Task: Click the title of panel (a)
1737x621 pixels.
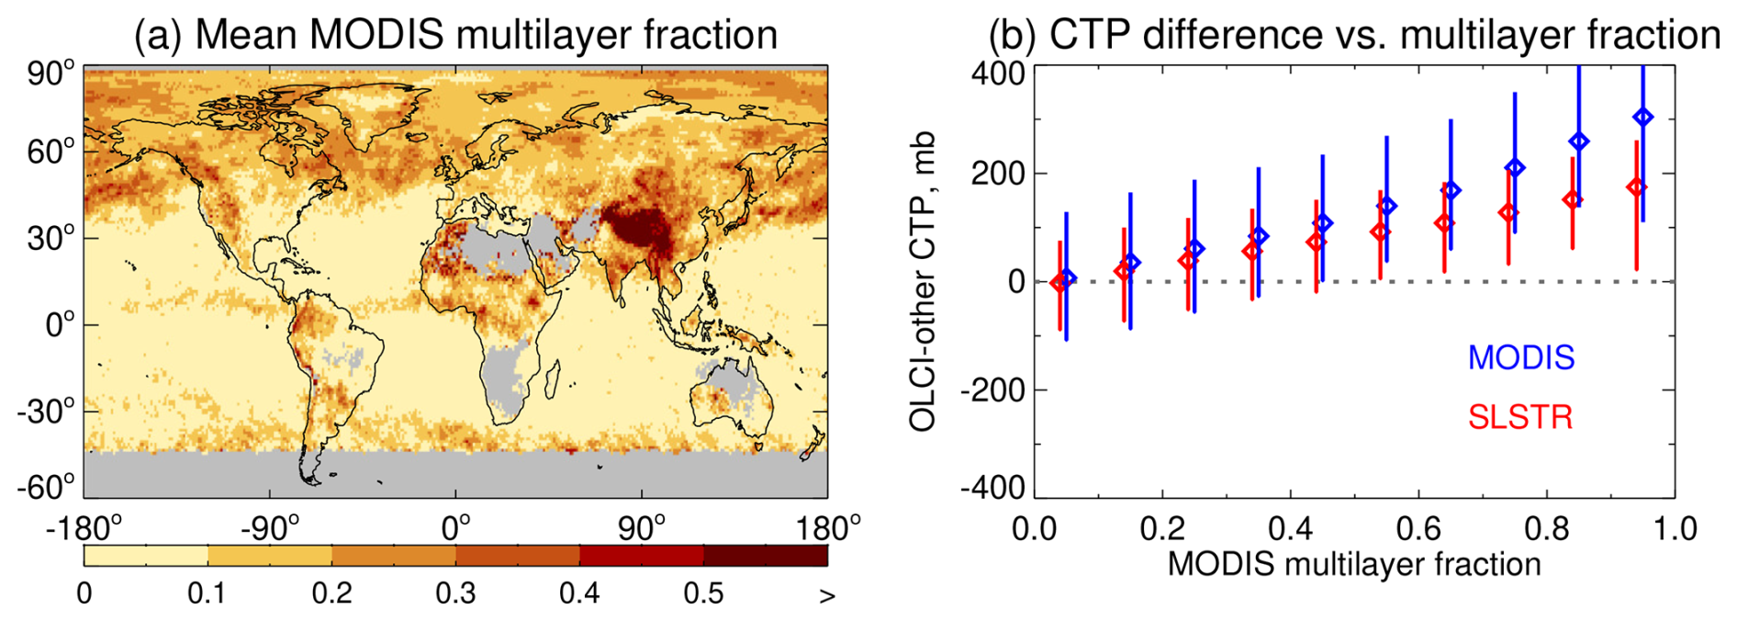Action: (455, 35)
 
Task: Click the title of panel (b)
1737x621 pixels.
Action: (1353, 35)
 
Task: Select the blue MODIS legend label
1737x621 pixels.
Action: (1521, 357)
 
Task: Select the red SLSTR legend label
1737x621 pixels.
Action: (1520, 417)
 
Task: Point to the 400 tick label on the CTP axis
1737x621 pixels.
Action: (999, 72)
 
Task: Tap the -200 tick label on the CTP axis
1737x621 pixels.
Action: (992, 390)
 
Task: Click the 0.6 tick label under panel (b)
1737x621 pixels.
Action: (1418, 529)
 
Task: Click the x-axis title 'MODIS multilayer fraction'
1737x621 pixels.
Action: (1354, 564)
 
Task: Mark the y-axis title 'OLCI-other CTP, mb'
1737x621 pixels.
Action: (922, 281)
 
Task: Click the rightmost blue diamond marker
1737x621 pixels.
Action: (1643, 117)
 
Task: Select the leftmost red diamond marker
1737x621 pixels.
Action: (1059, 283)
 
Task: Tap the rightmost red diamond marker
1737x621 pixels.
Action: (1636, 187)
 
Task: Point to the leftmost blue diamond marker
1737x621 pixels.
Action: (1067, 277)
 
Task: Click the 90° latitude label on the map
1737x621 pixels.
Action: (51, 73)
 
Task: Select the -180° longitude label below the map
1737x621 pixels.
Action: (84, 529)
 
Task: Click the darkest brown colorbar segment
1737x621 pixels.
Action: (766, 556)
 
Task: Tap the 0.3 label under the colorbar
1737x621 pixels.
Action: (455, 593)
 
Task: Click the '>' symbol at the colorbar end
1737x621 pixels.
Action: (827, 595)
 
